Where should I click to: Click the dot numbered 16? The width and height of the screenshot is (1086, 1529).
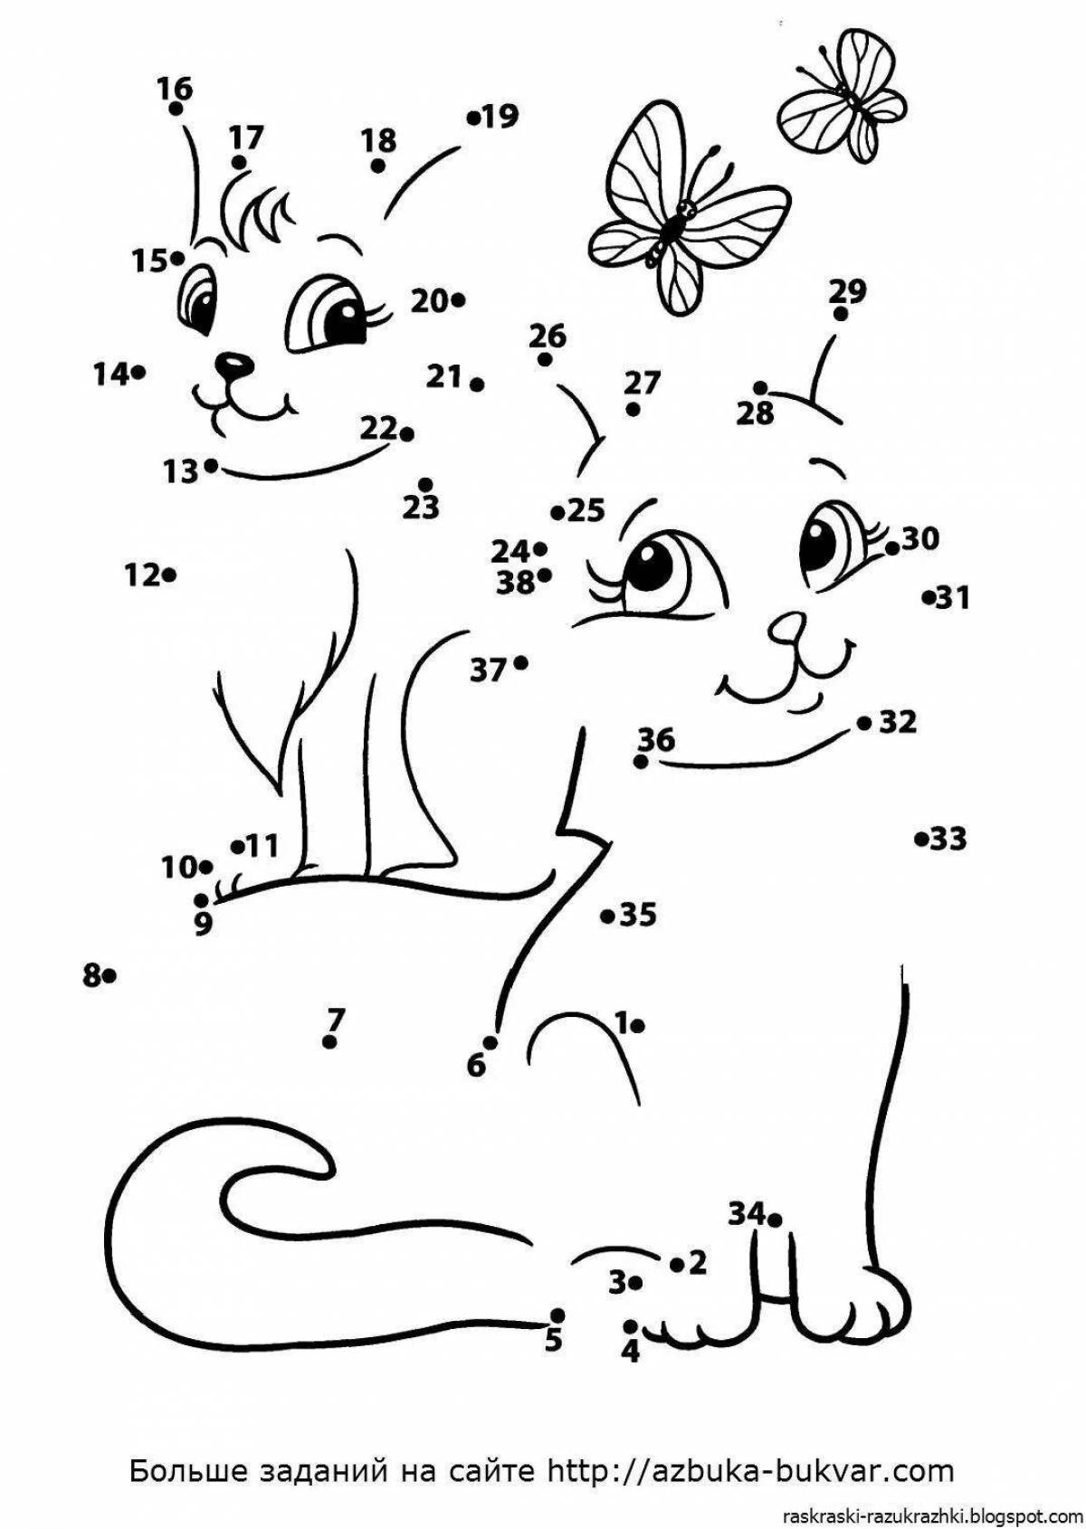coord(176,109)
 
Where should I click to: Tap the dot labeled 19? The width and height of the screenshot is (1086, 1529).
coord(472,119)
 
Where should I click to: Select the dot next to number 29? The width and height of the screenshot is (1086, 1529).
coord(841,314)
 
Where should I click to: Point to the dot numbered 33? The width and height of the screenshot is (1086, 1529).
coord(921,839)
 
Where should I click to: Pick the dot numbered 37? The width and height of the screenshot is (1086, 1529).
coord(520,661)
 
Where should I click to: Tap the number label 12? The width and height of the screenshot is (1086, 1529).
coord(142,575)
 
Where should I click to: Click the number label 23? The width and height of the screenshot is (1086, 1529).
coord(421,508)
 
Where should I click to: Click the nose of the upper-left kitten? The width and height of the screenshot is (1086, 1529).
coord(233,366)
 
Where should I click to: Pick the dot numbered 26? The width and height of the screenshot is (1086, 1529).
coord(544,359)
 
